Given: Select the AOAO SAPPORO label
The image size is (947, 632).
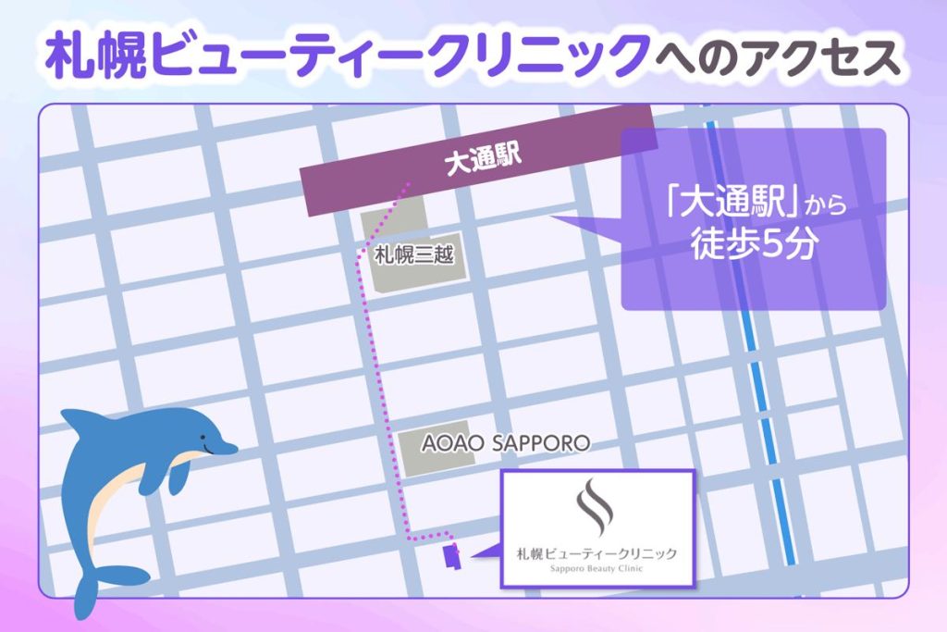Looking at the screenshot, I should tap(505, 443).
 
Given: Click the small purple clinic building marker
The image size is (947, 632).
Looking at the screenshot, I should tap(451, 557).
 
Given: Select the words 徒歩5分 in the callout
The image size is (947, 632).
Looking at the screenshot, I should tap(753, 244).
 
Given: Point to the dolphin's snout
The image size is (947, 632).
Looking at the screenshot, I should tap(231, 449).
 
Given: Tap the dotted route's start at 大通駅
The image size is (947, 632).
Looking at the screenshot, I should tap(404, 186).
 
